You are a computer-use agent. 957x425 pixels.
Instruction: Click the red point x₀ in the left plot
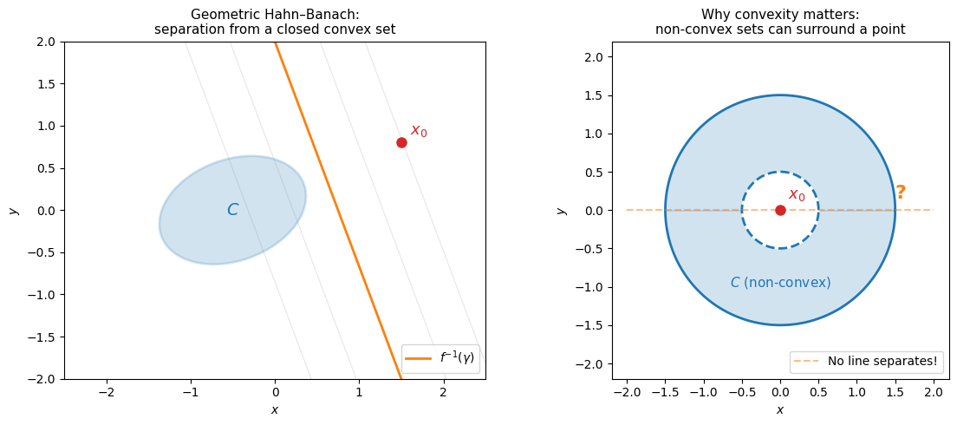pos(401,142)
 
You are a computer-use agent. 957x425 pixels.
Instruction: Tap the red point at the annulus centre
pos(780,210)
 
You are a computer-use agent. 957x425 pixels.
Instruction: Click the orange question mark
pos(901,193)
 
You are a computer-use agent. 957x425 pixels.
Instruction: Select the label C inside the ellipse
pos(232,210)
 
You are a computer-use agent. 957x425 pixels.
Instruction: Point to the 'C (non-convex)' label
pos(780,283)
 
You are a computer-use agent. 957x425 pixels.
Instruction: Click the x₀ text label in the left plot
pos(419,131)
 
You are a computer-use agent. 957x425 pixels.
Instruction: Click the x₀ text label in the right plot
pos(797,195)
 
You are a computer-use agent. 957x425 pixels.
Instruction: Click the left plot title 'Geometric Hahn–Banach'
pos(275,14)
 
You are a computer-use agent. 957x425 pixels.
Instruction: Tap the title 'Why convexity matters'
pos(780,14)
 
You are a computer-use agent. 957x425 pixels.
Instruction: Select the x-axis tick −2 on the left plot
pos(107,393)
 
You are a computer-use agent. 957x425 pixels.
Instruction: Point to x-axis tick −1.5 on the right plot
pos(665,393)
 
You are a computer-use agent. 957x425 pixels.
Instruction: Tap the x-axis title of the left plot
pos(275,409)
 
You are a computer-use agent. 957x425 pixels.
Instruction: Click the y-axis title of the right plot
pos(562,210)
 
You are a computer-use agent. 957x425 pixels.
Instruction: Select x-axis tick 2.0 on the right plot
pos(934,393)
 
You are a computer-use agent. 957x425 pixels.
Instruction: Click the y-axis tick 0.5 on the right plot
pos(596,172)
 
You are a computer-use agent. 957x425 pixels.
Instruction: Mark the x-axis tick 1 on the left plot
pos(359,393)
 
